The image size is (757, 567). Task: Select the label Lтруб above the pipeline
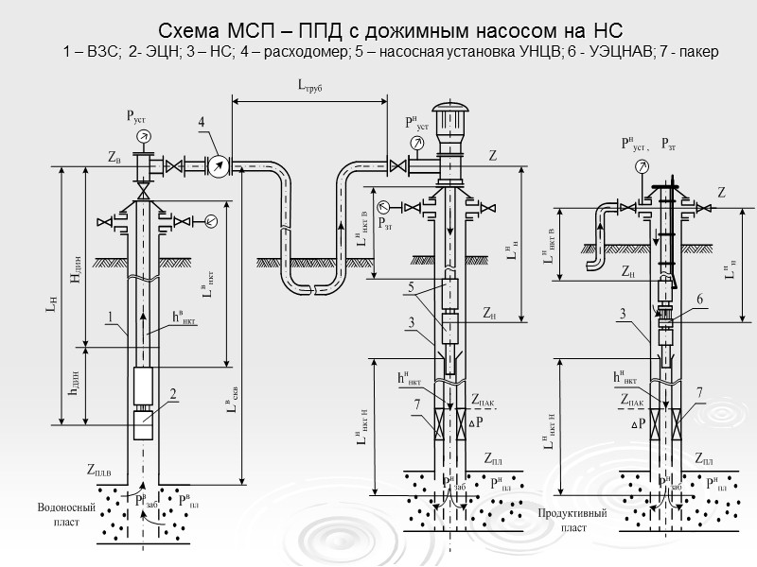click(310, 88)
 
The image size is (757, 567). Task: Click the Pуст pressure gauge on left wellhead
click(144, 138)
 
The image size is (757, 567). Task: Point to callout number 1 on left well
click(111, 318)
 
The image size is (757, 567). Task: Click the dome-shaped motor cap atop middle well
click(449, 111)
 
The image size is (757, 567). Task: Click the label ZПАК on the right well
click(633, 402)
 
